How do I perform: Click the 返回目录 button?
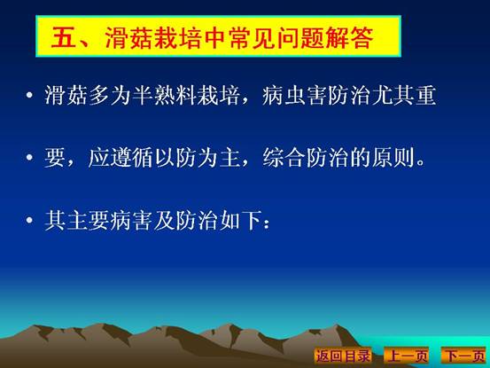point(343,356)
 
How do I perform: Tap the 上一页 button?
point(407,356)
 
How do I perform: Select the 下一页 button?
point(464,356)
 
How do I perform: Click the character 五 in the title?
point(64,37)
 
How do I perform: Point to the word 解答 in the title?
point(350,37)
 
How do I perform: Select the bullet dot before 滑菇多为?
point(29,95)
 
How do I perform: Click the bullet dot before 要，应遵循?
point(29,157)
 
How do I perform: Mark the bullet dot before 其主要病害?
point(29,220)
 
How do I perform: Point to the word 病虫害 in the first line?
point(295,95)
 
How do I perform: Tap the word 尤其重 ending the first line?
point(404,95)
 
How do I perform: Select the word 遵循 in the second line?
point(131,157)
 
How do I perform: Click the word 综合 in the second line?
point(284,157)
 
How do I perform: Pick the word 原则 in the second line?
point(393,157)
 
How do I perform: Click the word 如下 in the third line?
point(240,220)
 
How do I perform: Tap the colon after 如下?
point(267,223)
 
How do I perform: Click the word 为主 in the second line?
point(219,157)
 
